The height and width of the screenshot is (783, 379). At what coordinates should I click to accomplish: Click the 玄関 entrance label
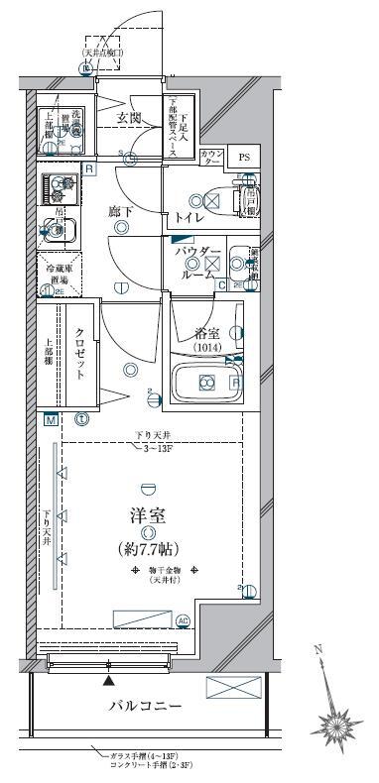(130, 118)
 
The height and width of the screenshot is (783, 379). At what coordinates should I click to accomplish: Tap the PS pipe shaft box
(242, 157)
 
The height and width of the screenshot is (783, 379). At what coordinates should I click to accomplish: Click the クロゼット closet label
(80, 355)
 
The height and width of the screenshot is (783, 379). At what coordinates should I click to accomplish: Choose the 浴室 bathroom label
(205, 334)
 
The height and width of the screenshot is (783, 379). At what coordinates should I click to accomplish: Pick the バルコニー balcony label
(145, 706)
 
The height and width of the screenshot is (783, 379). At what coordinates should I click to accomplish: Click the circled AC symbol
(182, 621)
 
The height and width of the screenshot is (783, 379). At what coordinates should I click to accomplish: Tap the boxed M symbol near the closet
(48, 419)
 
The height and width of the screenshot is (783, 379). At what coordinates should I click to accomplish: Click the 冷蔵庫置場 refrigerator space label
(56, 275)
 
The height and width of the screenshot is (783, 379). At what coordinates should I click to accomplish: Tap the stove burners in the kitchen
(60, 187)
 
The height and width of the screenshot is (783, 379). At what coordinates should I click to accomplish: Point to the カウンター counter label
(211, 157)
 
